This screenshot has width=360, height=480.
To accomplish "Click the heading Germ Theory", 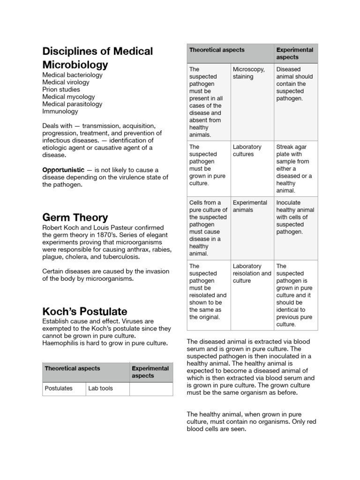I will [x=75, y=217].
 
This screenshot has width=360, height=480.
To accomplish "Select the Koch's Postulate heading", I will [x=84, y=311].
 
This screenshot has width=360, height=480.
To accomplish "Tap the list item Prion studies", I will [x=61, y=90].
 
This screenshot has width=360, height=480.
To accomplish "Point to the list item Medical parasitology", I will [x=72, y=104].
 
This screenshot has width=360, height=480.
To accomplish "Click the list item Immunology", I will [x=60, y=112].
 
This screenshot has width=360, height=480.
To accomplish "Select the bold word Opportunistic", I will [x=63, y=170].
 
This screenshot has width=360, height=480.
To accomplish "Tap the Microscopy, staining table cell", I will [x=249, y=73].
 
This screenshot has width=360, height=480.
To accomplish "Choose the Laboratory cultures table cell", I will [x=247, y=150].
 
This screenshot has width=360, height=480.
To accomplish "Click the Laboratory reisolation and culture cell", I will [x=252, y=273].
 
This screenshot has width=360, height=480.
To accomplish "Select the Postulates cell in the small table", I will [x=59, y=388].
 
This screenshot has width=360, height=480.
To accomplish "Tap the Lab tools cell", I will [x=100, y=388].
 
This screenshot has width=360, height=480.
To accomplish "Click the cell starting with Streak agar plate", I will [x=294, y=169].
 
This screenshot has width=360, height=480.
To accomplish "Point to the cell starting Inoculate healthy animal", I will [x=295, y=217].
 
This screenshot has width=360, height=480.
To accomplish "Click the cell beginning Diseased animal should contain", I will [x=294, y=84].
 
